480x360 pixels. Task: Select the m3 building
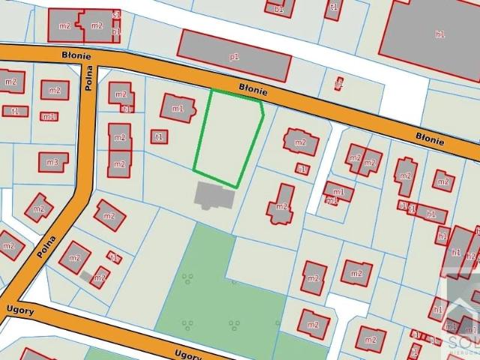(x=52, y=162)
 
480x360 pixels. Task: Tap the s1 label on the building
(x=116, y=14)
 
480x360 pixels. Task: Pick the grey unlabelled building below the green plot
(x=214, y=197)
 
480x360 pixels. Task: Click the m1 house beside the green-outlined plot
(x=178, y=108)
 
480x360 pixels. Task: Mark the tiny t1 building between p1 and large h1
(x=339, y=82)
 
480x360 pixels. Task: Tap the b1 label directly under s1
(x=116, y=31)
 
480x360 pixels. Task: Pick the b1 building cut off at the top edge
(x=279, y=7)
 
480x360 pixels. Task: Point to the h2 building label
(x=471, y=255)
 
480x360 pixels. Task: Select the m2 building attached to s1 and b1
(x=96, y=26)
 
